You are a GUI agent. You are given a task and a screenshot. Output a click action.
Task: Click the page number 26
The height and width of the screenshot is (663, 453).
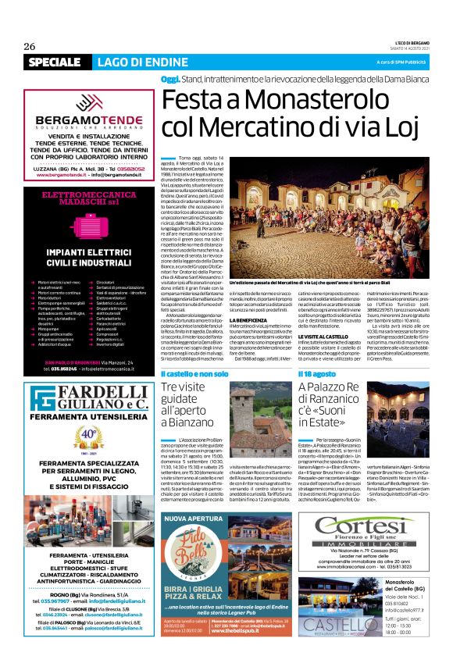[30, 46]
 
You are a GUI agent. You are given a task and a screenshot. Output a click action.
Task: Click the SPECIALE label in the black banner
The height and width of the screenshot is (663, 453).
[54, 62]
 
